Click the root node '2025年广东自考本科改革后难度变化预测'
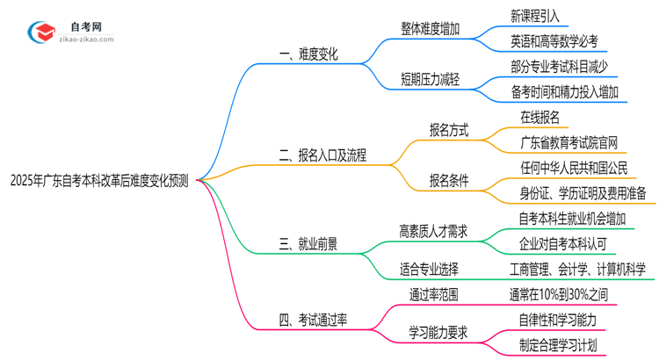point(99,181)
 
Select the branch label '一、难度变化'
point(308,54)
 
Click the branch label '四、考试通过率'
point(314,320)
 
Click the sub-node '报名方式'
point(449,130)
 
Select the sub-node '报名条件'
point(449,181)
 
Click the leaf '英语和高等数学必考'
point(554,41)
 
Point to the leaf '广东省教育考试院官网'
point(569,142)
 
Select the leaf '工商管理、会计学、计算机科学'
point(577,270)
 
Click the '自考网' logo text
point(84,28)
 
